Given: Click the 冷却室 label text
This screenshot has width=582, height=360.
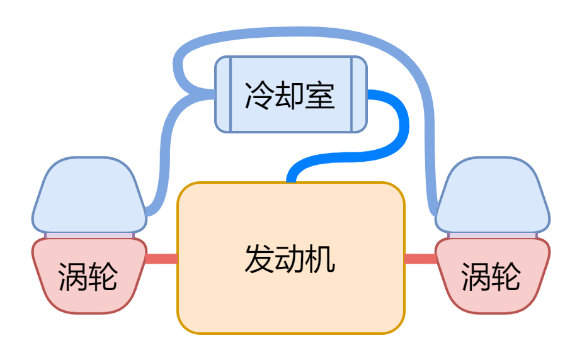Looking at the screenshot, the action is coord(289,96).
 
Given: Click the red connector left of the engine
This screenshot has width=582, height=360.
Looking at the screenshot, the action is coord(161,259).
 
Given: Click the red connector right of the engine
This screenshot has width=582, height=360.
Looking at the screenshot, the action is coord(420,259).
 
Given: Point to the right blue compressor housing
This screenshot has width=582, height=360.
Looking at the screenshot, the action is coord(493,195).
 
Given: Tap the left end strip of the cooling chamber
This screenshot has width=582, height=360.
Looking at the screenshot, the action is coord(223,94).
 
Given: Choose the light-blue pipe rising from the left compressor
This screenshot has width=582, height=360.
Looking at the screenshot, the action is coord(165,157).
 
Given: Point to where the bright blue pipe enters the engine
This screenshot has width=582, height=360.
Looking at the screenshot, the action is coord(291,179).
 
